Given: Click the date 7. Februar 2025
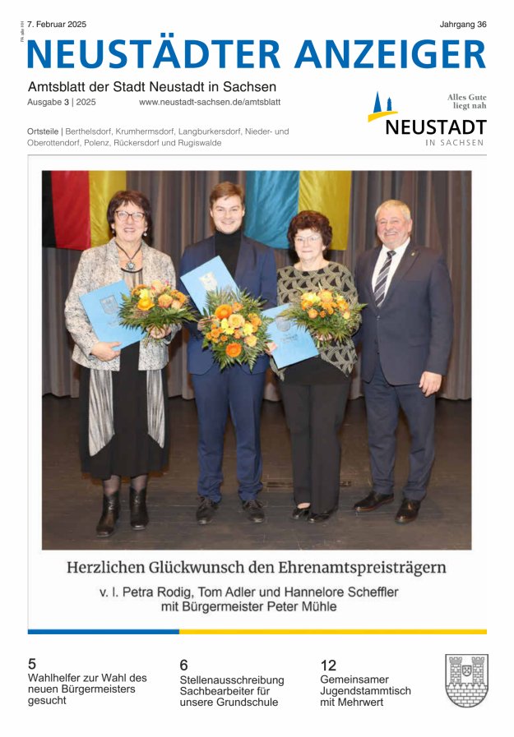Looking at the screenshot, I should pos(57,25).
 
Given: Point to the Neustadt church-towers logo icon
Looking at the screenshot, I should pos(382,108).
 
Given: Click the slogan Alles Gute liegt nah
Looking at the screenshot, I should pos(465,101).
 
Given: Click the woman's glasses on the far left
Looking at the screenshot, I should pos(129,215).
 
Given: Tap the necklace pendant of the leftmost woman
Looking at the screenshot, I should pos(129,265).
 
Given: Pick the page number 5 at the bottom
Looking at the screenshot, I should pos(32,663).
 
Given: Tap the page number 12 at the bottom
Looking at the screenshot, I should pos(328,665).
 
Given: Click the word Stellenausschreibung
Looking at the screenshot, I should pos(231,679).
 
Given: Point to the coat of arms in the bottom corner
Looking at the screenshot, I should pos(466,680).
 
